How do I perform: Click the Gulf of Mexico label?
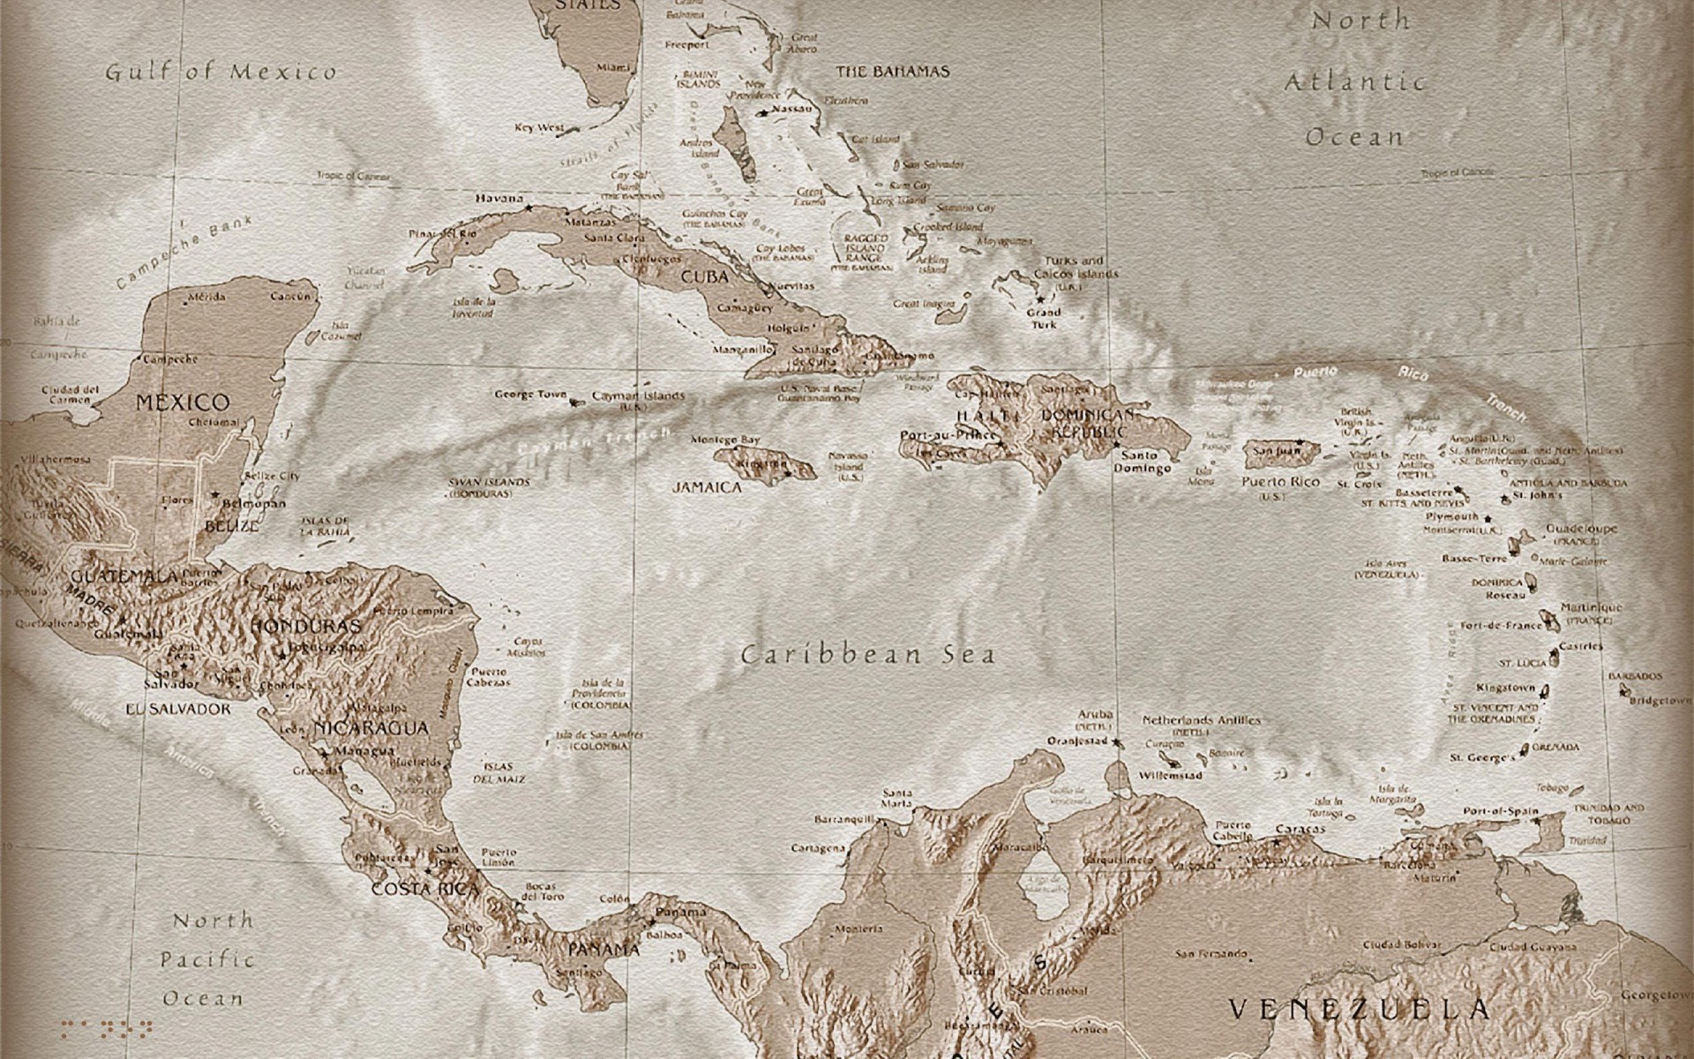221,72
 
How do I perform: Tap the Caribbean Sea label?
868,655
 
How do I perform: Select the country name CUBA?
704,276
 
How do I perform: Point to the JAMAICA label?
707,486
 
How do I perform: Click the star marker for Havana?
528,208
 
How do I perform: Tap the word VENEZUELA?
1360,1009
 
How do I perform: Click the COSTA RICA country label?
425,889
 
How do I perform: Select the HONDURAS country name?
306,626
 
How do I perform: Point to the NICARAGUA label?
371,729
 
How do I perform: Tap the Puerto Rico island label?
1280,482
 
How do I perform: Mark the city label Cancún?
291,297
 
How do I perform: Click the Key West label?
539,128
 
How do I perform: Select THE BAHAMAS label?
893,71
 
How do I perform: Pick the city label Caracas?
1300,830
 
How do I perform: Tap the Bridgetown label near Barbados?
1660,701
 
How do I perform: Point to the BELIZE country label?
232,526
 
